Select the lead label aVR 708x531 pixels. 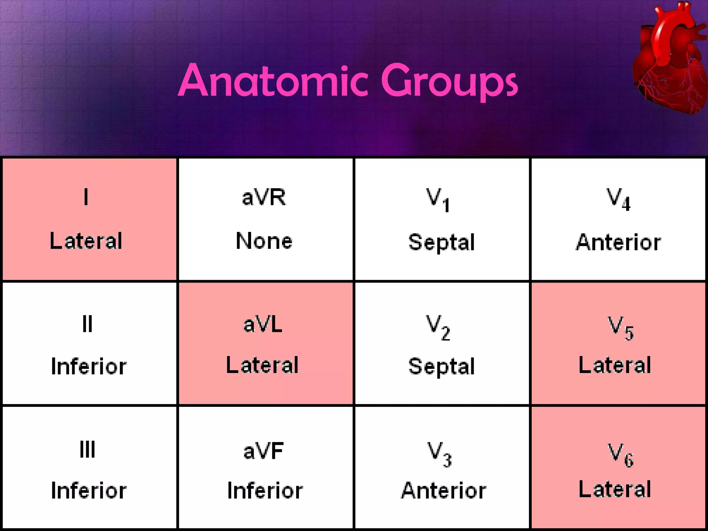click(x=264, y=197)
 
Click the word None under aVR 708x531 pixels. click(x=264, y=241)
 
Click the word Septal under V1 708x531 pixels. click(x=441, y=242)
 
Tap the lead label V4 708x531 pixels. click(x=618, y=199)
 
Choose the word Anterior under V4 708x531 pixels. click(x=618, y=242)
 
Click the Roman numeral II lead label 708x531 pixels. click(x=87, y=324)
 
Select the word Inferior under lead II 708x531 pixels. click(x=88, y=366)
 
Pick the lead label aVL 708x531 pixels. click(x=263, y=325)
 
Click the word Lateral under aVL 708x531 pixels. click(x=262, y=365)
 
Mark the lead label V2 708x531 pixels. click(x=438, y=327)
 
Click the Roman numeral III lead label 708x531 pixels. click(x=87, y=450)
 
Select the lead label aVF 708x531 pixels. click(x=263, y=451)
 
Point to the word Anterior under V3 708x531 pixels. click(x=444, y=491)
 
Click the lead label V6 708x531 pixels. click(x=621, y=455)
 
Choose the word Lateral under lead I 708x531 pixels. click(x=86, y=241)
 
